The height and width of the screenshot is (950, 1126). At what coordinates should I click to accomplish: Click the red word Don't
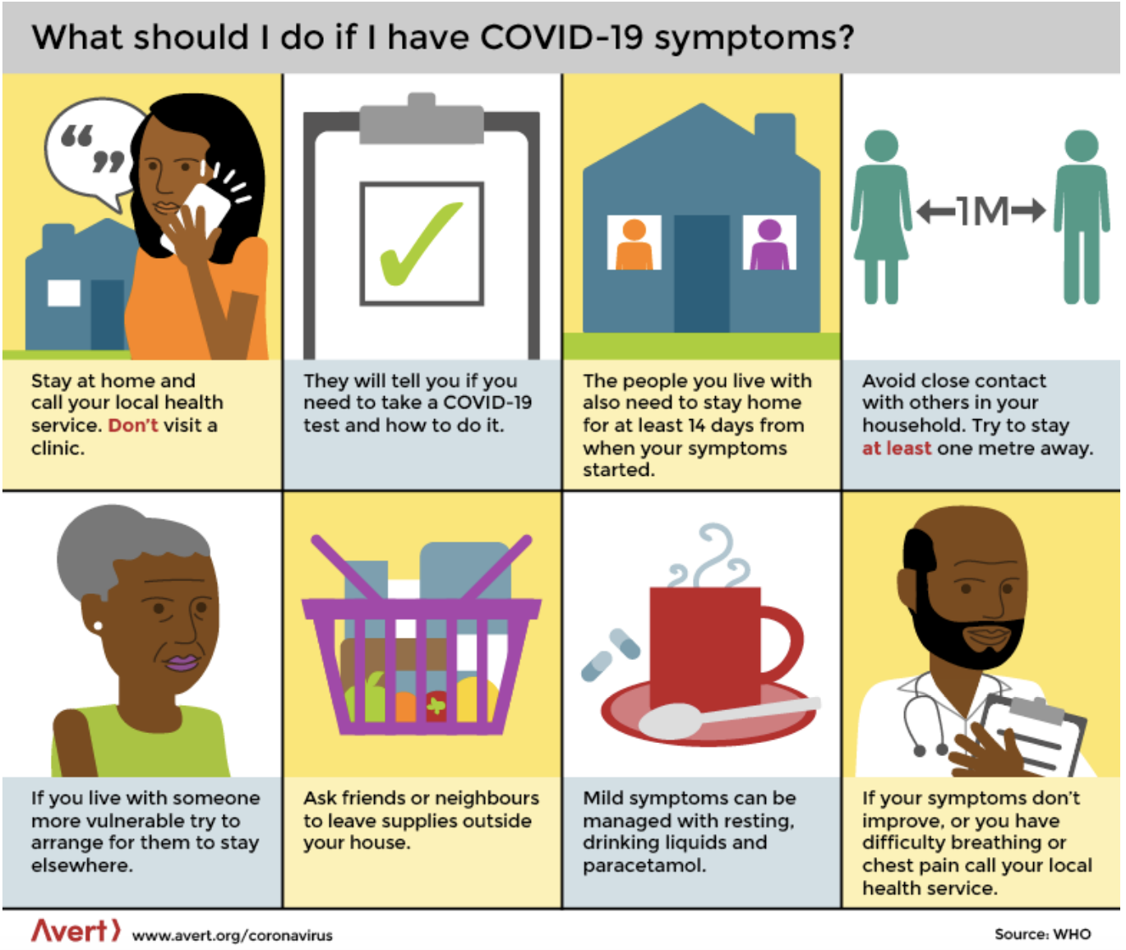coord(133,426)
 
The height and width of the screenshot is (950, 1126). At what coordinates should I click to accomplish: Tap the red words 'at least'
coord(897,448)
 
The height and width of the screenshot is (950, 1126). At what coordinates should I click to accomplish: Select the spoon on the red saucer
coord(728,718)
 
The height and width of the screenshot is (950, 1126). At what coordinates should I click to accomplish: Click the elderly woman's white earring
coord(98,626)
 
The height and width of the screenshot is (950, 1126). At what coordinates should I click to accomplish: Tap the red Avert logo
coord(76,931)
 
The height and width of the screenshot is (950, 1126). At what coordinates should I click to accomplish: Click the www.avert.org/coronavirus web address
coord(233,935)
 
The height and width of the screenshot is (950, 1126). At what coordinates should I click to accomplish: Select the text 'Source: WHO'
coord(1042,934)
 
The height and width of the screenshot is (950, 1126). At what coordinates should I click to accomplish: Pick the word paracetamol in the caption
coord(644,865)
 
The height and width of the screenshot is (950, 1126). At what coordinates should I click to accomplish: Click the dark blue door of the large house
coord(702,274)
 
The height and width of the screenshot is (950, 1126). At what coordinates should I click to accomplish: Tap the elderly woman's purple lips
coord(182,662)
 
